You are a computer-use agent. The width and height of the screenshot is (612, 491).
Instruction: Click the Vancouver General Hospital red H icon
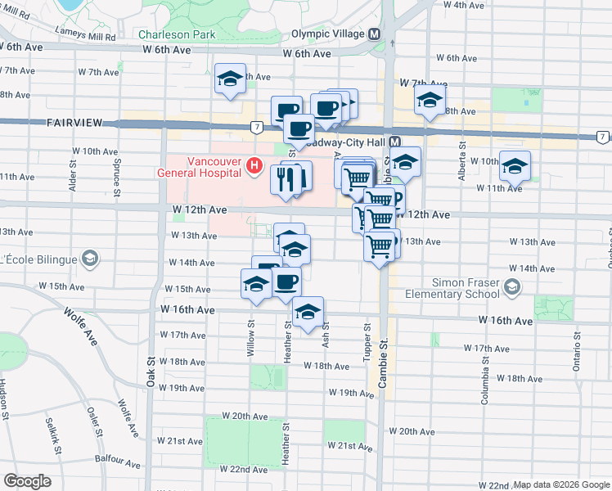point(254,169)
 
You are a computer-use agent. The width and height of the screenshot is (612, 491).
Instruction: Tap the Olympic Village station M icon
point(376,34)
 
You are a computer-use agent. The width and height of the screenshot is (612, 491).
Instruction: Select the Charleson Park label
point(177,34)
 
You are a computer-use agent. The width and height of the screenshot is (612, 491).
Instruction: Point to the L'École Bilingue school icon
point(89,259)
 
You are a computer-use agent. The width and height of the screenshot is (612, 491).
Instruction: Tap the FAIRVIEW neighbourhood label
point(74,122)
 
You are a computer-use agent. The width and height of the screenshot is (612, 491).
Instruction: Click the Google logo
point(27,481)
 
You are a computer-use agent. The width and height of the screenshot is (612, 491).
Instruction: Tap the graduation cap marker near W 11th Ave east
point(515,166)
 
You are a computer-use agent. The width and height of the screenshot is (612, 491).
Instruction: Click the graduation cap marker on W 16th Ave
point(308,313)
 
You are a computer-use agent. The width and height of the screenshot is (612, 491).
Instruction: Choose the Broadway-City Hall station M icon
point(394,142)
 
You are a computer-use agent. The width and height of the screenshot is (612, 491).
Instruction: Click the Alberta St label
point(462,158)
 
